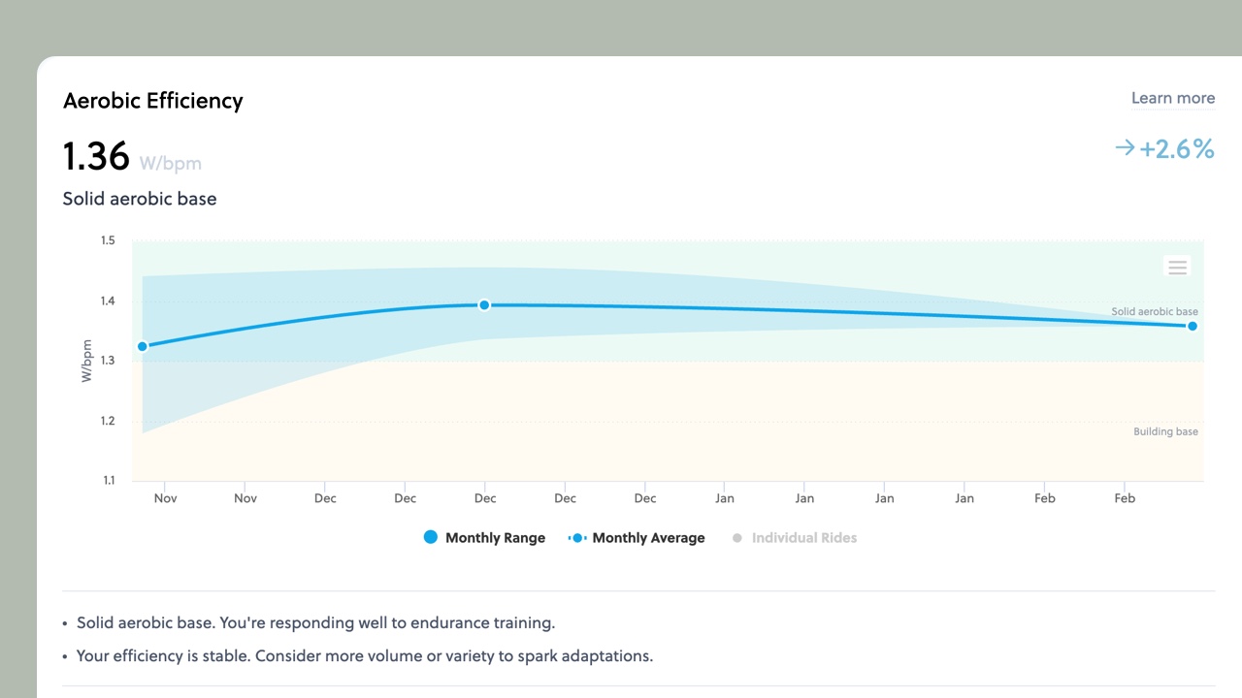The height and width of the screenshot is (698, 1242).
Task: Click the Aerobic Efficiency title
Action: pos(152,101)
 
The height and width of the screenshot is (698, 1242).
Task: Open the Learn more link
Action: pos(1172,98)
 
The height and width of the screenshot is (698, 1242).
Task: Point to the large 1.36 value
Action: pos(96,156)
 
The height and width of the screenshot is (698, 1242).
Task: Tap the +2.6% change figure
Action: pos(1176,148)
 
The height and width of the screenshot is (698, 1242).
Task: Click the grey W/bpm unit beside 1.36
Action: pos(171,163)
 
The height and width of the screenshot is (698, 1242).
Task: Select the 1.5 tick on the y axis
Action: pos(107,240)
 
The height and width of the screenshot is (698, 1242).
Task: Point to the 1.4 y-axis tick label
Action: pos(107,301)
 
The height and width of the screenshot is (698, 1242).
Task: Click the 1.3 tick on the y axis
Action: pos(107,361)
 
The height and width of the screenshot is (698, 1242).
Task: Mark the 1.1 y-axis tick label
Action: pos(107,481)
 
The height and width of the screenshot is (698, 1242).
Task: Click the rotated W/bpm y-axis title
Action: pos(86,361)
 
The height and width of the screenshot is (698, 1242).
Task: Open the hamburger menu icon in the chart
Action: pos(1177,267)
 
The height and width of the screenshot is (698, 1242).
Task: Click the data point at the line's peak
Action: pos(484,305)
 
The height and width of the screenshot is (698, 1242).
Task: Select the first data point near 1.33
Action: pos(143,346)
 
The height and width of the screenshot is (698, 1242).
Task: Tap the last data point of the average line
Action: pos(1193,326)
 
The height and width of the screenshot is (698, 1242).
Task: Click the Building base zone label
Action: pos(1165,431)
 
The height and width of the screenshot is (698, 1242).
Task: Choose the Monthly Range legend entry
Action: pos(484,538)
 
